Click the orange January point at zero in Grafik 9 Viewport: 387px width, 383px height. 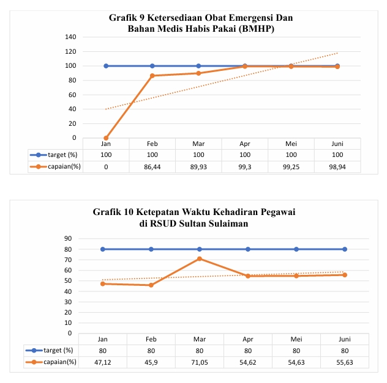tap(106, 138)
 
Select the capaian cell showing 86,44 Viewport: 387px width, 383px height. tap(152, 166)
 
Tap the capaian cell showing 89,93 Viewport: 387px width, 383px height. tap(198, 166)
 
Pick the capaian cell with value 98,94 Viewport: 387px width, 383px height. tap(337, 166)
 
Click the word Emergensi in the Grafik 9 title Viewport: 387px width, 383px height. tap(245, 18)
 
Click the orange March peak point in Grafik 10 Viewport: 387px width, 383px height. tap(200, 259)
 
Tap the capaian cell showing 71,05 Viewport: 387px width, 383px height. tap(200, 362)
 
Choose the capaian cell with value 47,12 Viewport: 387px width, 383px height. tap(103, 362)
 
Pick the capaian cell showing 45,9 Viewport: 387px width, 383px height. tap(151, 362)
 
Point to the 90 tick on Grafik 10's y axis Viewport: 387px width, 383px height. tap(85, 239)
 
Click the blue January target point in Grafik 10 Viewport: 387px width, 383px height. tap(103, 249)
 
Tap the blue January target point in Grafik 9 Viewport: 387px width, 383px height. tap(106, 66)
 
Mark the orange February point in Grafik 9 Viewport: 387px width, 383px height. tap(152, 76)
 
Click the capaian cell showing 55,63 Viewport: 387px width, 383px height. tap(345, 362)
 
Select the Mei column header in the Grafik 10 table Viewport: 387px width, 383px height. tap(296, 338)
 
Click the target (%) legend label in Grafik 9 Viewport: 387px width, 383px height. tap(60, 155)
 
